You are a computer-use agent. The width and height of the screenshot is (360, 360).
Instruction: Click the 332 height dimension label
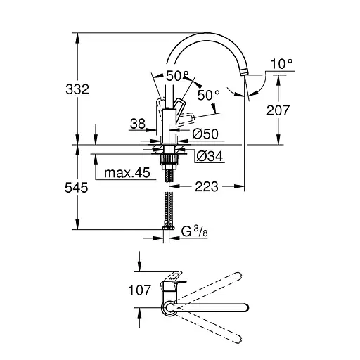[77, 89]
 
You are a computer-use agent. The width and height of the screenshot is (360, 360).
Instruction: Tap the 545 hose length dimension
[77, 188]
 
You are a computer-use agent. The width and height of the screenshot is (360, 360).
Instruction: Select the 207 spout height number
[278, 110]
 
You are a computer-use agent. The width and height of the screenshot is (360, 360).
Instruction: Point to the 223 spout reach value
[207, 187]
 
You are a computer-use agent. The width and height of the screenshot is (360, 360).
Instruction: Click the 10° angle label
[281, 64]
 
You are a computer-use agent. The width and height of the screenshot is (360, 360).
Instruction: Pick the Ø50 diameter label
[205, 134]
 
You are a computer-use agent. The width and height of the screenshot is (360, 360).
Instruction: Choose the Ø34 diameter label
[210, 156]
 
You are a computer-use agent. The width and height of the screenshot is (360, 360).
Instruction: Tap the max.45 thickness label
[127, 173]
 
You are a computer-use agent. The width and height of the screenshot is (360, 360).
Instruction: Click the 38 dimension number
[138, 124]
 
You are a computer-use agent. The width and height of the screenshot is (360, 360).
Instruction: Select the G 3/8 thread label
[195, 231]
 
